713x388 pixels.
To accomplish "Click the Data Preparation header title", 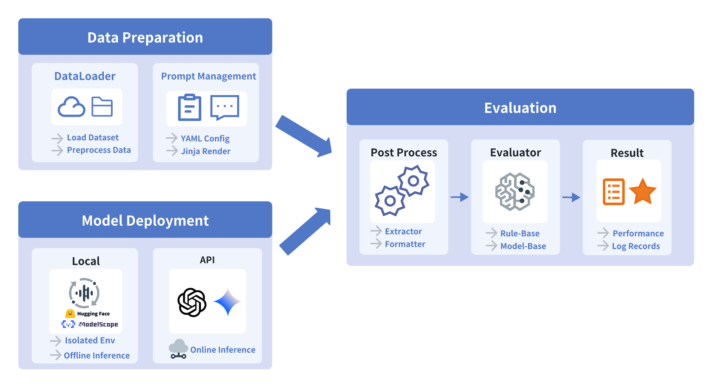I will tap(145, 38).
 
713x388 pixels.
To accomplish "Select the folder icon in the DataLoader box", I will tap(102, 107).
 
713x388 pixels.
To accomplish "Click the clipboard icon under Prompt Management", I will tap(189, 108).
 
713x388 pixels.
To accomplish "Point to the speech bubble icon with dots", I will tap(224, 107).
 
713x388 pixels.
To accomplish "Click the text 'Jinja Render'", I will tap(205, 151).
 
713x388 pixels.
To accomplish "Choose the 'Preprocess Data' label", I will tap(99, 150).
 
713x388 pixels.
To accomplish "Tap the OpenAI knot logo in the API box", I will tap(192, 302).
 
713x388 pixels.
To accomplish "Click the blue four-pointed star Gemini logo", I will tap(228, 302).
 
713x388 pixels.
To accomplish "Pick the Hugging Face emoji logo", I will tap(70, 314).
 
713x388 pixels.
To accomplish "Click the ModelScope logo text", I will tap(98, 324).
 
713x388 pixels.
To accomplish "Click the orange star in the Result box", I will tap(642, 192).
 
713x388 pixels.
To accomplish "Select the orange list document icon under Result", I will tap(613, 192).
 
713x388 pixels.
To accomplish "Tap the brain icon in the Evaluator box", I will tap(515, 192).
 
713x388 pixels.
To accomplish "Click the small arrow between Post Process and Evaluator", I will tap(459, 197).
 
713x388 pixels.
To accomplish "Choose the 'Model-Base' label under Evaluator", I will tap(523, 246).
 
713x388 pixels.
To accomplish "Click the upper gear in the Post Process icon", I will tap(413, 181).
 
